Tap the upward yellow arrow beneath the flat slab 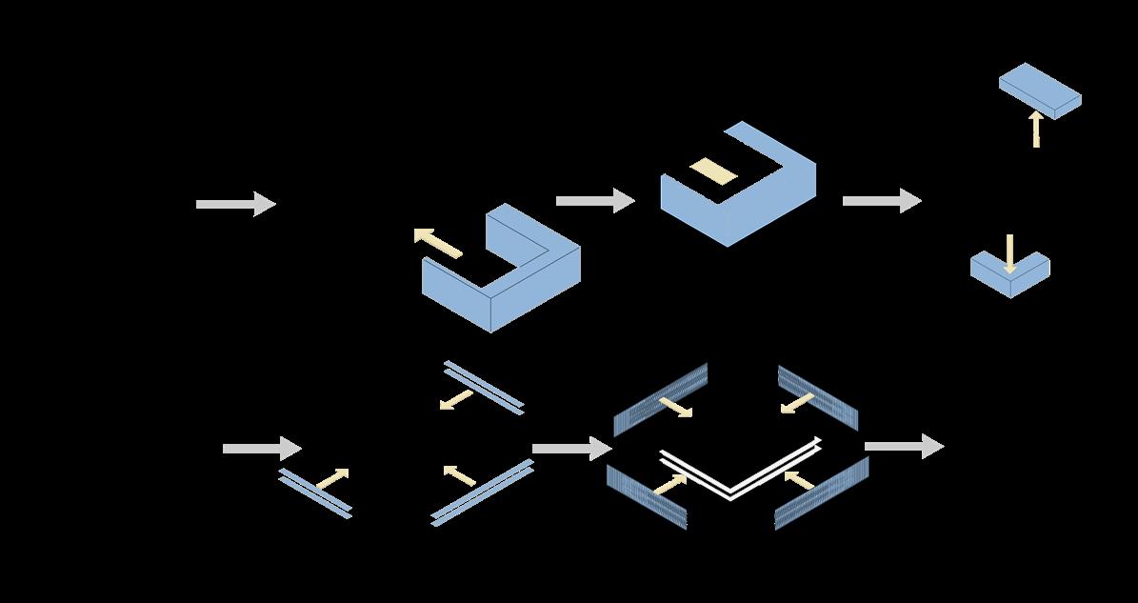click(x=1036, y=129)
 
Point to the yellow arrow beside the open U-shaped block click(x=437, y=243)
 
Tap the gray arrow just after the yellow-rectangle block click(x=881, y=200)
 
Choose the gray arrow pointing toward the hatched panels click(x=570, y=448)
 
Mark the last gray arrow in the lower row click(x=904, y=446)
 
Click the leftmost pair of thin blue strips click(x=314, y=493)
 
